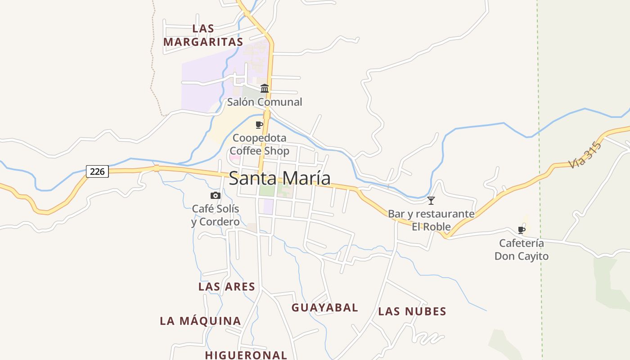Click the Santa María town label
pyautogui.click(x=279, y=178)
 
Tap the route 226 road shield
pyautogui.click(x=97, y=171)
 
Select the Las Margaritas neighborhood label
pyautogui.click(x=203, y=35)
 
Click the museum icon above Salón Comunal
pyautogui.click(x=265, y=88)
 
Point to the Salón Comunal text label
pyautogui.click(x=265, y=102)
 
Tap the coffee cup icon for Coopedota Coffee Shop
pyautogui.click(x=259, y=125)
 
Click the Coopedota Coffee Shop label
pyautogui.click(x=259, y=144)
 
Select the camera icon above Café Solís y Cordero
pyautogui.click(x=216, y=195)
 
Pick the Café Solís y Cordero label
pyautogui.click(x=216, y=215)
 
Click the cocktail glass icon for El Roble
pyautogui.click(x=431, y=200)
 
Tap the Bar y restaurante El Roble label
pyautogui.click(x=431, y=220)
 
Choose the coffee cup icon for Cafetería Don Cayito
pyautogui.click(x=522, y=230)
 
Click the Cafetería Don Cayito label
pyautogui.click(x=522, y=250)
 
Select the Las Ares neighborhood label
pyautogui.click(x=227, y=287)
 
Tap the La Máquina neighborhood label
pyautogui.click(x=201, y=321)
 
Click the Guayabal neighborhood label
pyautogui.click(x=325, y=308)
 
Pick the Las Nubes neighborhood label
pyautogui.click(x=412, y=311)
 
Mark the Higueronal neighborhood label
pyautogui.click(x=246, y=355)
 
